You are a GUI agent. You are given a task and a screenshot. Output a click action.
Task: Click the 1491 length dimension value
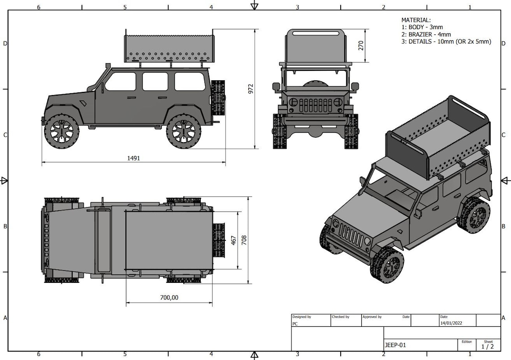pyautogui.click(x=134, y=158)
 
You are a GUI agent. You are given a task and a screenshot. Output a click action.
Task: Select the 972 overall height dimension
pyautogui.click(x=251, y=88)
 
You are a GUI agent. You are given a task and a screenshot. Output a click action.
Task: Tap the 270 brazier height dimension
pyautogui.click(x=361, y=46)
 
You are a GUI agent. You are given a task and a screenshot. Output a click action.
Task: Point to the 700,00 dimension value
pyautogui.click(x=169, y=297)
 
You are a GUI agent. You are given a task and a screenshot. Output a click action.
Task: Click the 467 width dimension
pyautogui.click(x=234, y=240)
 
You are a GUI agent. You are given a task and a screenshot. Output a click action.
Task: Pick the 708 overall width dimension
pyautogui.click(x=244, y=240)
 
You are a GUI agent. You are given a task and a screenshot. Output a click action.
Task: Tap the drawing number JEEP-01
pyautogui.click(x=395, y=345)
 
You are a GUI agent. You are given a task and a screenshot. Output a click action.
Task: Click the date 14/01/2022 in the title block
pyautogui.click(x=451, y=323)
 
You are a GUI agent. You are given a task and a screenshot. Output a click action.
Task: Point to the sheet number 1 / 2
pyautogui.click(x=487, y=347)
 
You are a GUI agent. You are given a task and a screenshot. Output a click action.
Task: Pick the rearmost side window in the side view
pyautogui.click(x=190, y=82)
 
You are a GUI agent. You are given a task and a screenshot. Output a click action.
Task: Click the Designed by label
pyautogui.click(x=302, y=317)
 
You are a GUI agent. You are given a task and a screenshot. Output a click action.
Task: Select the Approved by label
pyautogui.click(x=372, y=317)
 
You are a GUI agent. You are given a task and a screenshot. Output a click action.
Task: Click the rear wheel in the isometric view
pyautogui.click(x=474, y=216)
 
